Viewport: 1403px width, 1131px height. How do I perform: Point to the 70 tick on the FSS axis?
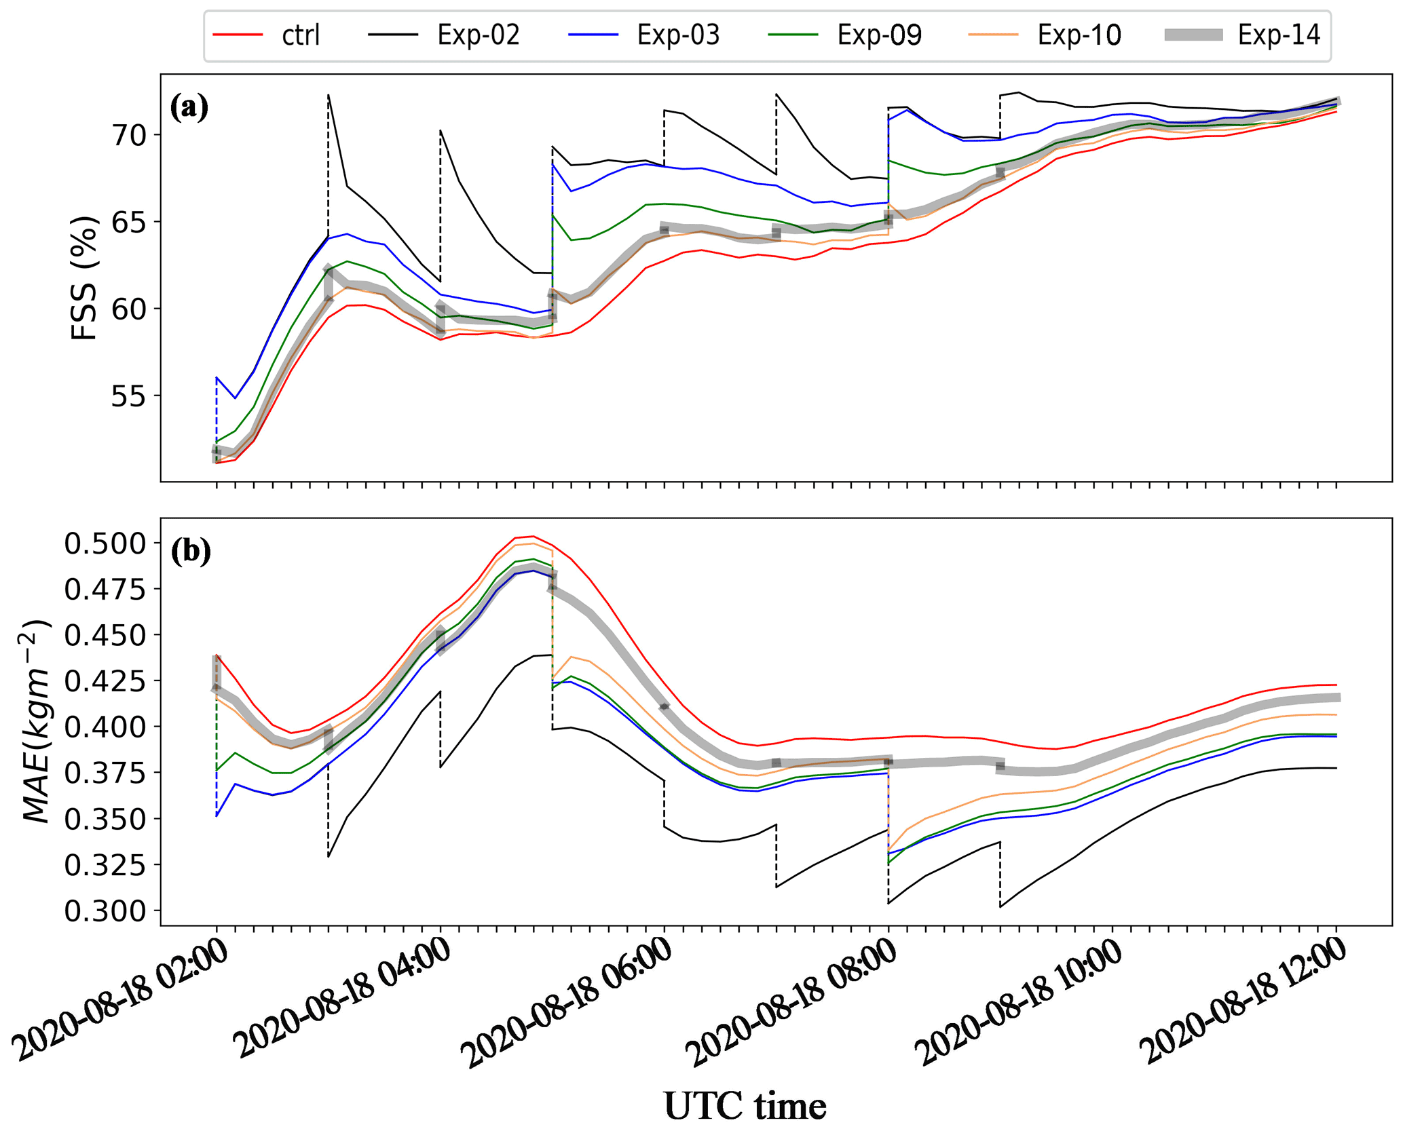pos(130,135)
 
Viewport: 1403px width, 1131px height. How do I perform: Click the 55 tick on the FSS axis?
pos(130,396)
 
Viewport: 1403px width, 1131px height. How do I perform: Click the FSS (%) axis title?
pos(84,278)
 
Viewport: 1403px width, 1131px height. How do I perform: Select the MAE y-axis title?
pos(38,722)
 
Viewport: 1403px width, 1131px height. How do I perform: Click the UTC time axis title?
pos(745,1106)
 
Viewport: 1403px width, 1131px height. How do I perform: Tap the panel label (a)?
pos(189,107)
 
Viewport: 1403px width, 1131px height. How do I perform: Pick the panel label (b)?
pos(191,552)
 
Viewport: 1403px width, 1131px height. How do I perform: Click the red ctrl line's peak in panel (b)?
pos(533,536)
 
